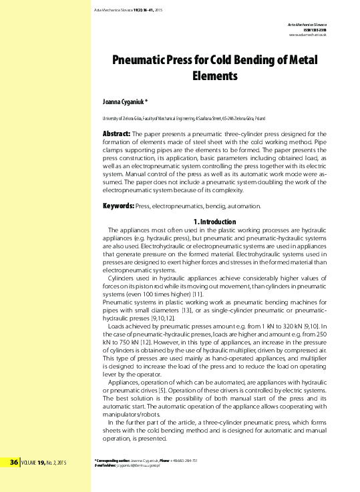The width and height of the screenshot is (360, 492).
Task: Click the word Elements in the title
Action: point(214,76)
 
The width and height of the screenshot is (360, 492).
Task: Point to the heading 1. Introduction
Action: point(214,222)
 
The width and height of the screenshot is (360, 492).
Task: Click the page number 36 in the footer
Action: point(14,462)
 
